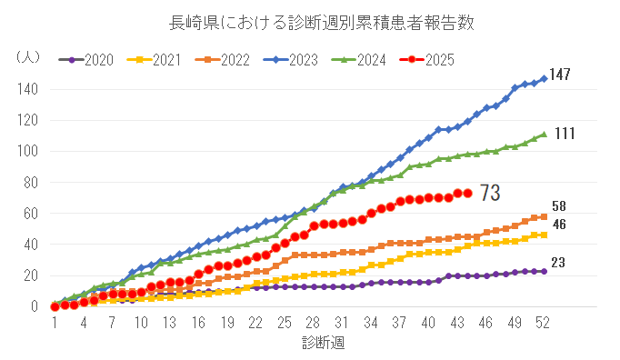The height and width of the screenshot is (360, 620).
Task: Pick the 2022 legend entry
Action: [226, 60]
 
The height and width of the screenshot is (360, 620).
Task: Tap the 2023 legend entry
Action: [295, 60]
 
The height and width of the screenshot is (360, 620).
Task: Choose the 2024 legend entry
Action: [365, 60]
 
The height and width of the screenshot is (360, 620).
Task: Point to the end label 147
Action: [560, 75]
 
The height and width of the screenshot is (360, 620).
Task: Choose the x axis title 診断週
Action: [324, 343]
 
